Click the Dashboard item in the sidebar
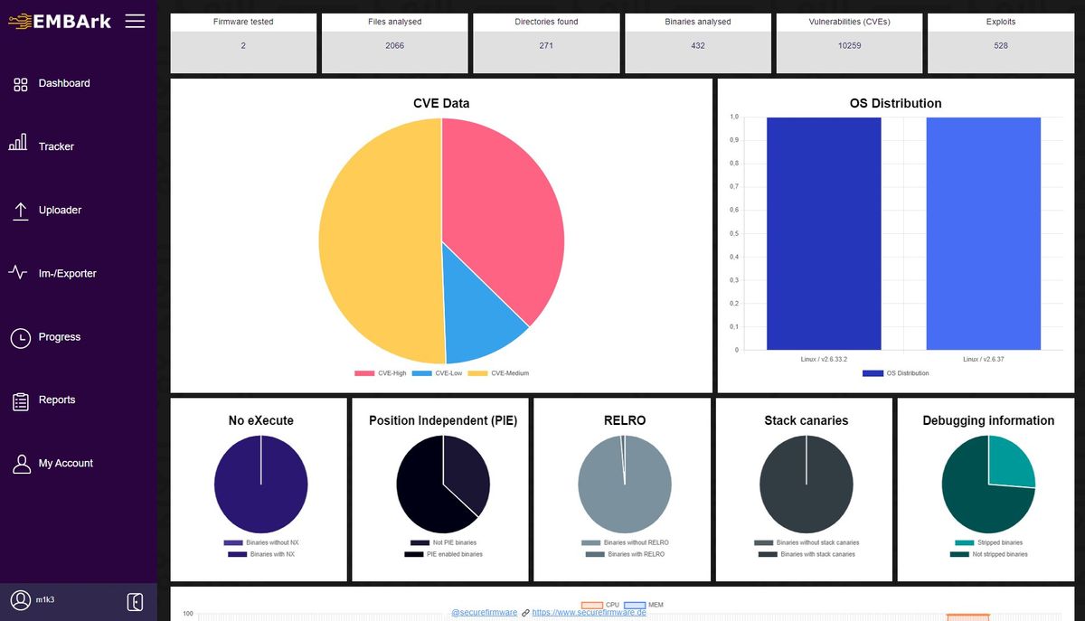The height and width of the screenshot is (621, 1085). coord(63,83)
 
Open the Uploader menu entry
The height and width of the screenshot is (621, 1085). coord(60,210)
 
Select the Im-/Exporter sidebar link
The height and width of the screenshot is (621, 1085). coord(67,273)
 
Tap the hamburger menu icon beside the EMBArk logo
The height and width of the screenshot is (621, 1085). coord(135,21)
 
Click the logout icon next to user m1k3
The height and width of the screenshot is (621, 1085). coord(135,601)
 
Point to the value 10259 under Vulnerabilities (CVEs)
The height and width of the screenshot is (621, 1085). coord(849,45)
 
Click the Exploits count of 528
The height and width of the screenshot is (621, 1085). coord(1001,45)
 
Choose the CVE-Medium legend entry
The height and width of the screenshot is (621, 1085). coord(510,373)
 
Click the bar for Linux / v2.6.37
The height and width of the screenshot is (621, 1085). coord(983,233)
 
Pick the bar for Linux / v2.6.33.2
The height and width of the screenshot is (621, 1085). coord(824,233)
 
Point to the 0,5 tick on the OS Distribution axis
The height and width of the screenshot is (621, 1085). coord(734,233)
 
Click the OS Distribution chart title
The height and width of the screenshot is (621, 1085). coord(895,103)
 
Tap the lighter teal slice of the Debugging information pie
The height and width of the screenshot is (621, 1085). coord(1010,460)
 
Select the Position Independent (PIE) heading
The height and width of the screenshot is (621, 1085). coord(442,420)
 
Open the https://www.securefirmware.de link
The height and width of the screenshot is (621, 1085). coord(589,612)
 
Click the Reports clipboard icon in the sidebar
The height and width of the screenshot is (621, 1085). coord(20,400)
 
